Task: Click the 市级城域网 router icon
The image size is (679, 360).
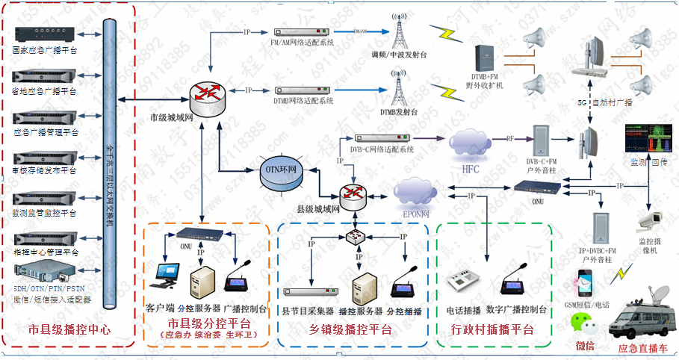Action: [206, 93]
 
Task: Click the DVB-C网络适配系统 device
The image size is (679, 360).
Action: [382, 139]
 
